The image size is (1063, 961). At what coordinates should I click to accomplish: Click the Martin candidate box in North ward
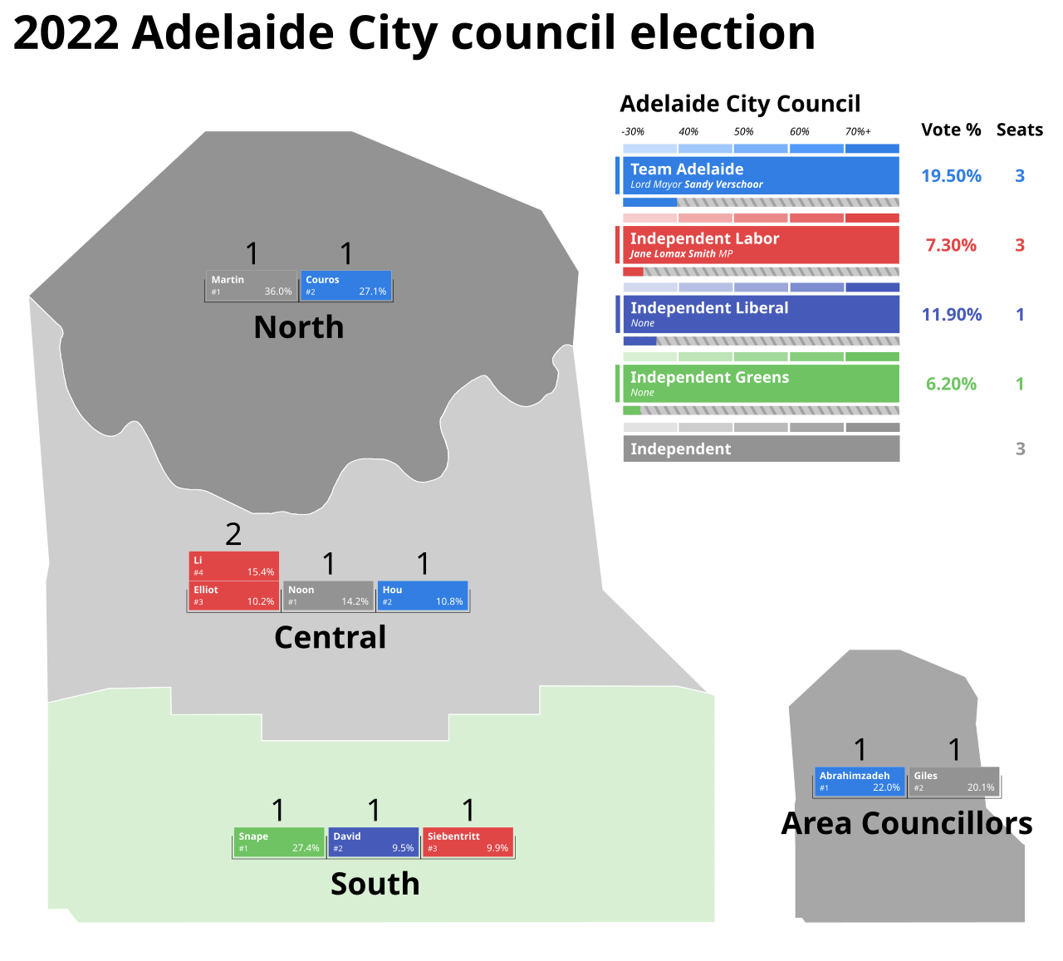(251, 286)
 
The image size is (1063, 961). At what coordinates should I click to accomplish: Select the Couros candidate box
(346, 286)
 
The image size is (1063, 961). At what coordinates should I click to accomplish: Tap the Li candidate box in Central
(234, 566)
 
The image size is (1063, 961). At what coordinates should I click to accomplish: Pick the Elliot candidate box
(234, 596)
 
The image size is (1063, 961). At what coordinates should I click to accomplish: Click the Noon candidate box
(329, 596)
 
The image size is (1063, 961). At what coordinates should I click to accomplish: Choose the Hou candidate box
(423, 596)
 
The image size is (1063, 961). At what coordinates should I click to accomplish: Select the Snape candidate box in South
(279, 842)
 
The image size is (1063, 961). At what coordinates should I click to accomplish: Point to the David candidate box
(374, 842)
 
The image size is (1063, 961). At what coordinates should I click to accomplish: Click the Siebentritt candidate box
(468, 842)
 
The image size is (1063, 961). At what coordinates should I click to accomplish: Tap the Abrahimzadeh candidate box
(860, 782)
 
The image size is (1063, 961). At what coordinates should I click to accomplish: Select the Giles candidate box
(954, 782)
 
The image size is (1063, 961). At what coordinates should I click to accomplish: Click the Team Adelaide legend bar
(761, 175)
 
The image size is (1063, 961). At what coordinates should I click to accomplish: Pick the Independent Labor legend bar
(761, 245)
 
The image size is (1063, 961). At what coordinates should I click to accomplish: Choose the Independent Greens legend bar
(761, 383)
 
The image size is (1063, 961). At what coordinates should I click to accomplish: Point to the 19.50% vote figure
(951, 176)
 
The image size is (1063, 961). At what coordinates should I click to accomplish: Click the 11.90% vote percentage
(952, 315)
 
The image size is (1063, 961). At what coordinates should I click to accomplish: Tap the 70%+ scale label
(858, 131)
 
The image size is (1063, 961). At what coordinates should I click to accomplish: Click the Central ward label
(331, 637)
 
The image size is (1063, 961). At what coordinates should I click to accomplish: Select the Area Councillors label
(907, 824)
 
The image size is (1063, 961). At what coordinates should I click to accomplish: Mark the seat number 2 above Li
(233, 534)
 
